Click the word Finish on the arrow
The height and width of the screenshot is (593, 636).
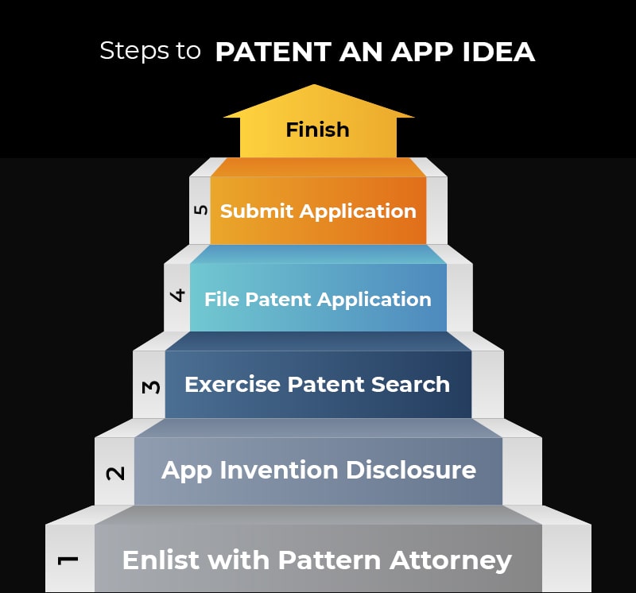pos(317,129)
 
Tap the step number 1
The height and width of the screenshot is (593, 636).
pos(69,560)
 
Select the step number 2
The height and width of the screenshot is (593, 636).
pos(115,473)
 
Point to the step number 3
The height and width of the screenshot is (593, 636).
pos(151,387)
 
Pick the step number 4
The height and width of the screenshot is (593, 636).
pos(178,296)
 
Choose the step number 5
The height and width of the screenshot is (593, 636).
pos(200,210)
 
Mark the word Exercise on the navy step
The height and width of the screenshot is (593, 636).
pos(232,385)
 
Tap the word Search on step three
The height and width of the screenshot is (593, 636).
pos(412,385)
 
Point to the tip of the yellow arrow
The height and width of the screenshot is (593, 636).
pos(316,86)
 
